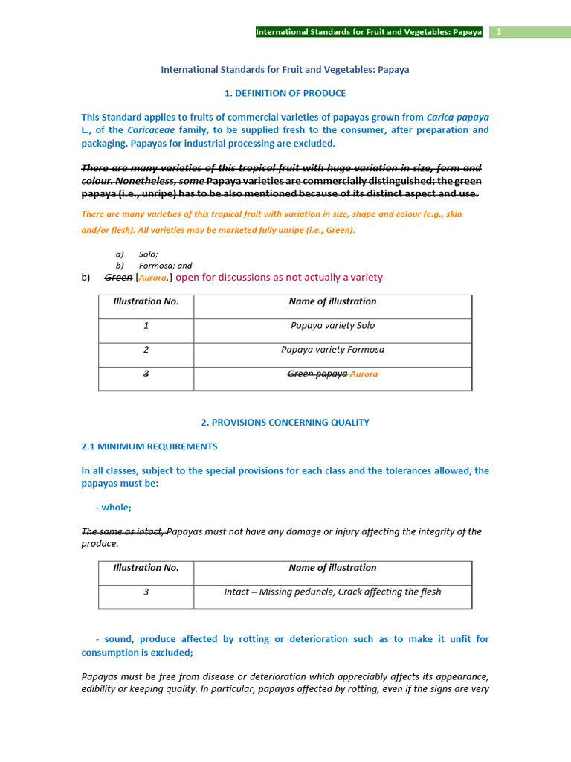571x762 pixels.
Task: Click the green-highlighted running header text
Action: pos(369,32)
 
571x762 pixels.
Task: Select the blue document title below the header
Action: pos(285,70)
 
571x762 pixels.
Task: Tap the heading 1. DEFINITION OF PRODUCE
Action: pos(285,93)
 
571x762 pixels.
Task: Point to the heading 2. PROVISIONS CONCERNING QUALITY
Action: pos(285,423)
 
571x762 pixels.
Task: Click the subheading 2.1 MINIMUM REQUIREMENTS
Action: pos(149,446)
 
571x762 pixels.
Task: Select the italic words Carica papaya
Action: pos(457,118)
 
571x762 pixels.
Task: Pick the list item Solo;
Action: pos(148,254)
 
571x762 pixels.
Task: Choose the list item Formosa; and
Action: pos(165,266)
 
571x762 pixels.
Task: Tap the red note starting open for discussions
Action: pos(279,278)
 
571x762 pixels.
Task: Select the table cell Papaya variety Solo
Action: pos(332,326)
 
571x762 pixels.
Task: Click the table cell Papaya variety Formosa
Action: pos(332,350)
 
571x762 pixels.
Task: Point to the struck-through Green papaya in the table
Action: pos(317,374)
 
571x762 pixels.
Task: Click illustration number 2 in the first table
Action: pos(146,350)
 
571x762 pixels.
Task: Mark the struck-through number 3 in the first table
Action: pos(146,374)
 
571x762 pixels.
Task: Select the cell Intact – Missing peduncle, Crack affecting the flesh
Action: pos(332,592)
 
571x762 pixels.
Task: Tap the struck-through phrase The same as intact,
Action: pos(123,531)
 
